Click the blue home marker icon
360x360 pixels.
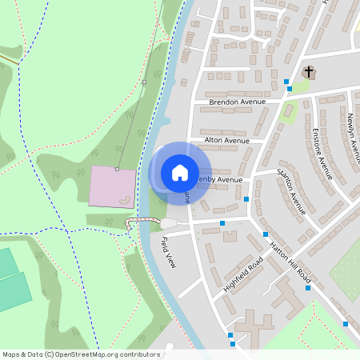point(179,173)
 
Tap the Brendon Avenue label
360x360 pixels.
point(236,102)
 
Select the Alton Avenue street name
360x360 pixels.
point(227,140)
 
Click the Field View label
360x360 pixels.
point(167,252)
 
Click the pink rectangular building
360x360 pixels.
point(112,186)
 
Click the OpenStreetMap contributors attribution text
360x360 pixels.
point(81,354)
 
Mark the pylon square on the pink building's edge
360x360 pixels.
point(117,170)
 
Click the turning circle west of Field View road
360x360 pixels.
point(166,223)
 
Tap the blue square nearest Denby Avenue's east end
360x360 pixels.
point(246,198)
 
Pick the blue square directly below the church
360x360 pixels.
point(290,89)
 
